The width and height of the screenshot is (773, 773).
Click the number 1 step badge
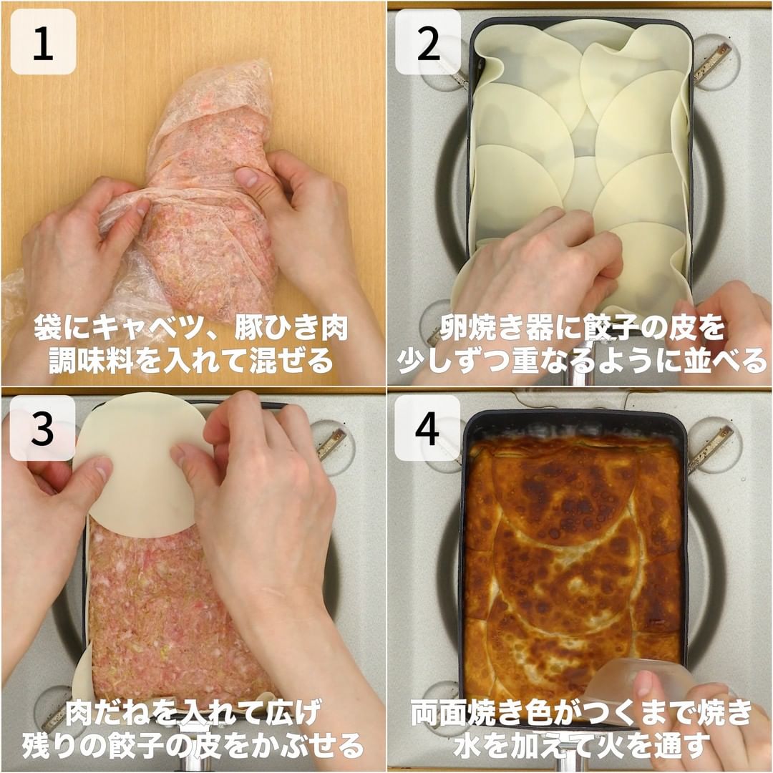tap(43, 42)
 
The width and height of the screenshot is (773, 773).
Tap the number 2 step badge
tap(428, 42)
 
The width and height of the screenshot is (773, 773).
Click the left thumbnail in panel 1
tap(144, 208)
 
